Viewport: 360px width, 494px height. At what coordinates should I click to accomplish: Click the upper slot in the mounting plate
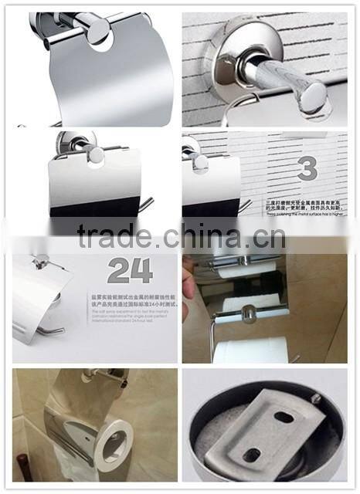[284, 417]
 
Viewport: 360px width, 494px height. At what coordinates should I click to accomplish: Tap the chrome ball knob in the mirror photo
[249, 313]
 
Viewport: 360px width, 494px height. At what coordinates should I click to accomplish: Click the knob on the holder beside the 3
[200, 161]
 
